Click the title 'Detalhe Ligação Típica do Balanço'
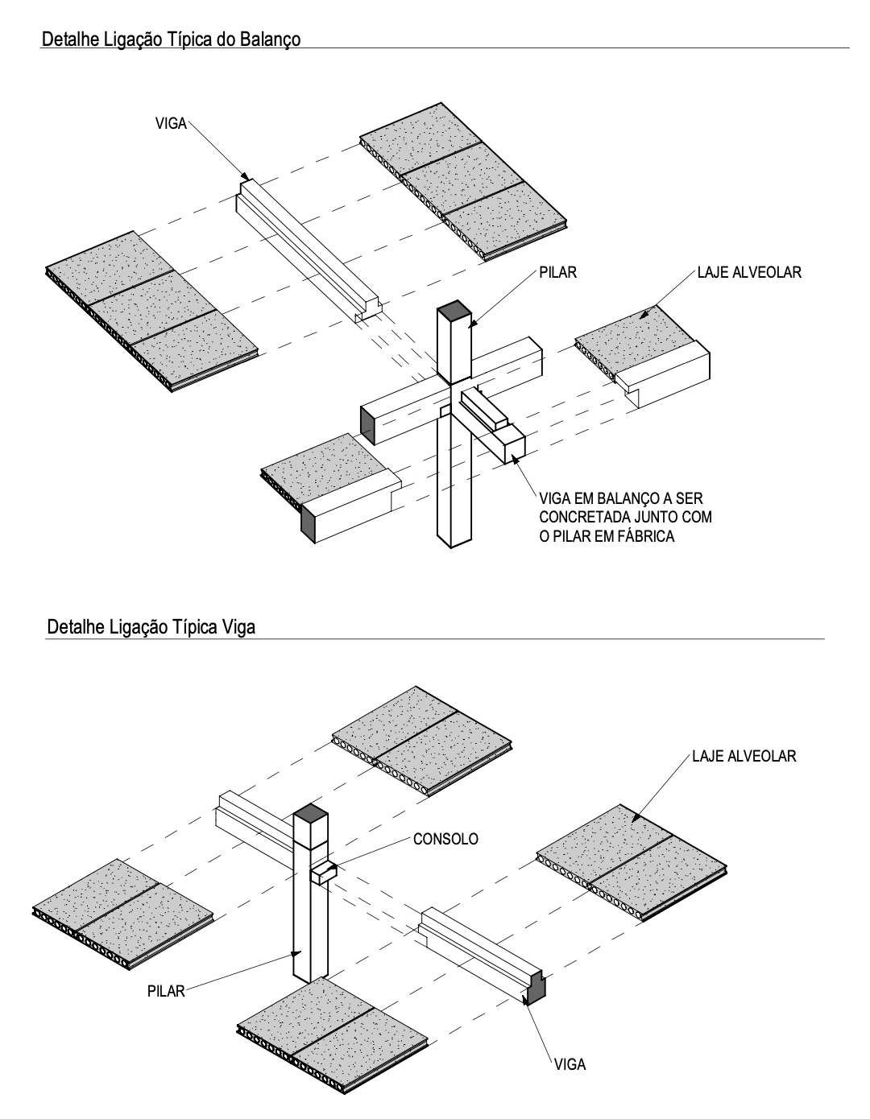[171, 39]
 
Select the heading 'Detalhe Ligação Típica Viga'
[151, 627]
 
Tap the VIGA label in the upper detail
[170, 124]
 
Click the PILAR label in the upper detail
[559, 273]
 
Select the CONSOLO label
[445, 839]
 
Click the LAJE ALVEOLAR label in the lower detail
[744, 756]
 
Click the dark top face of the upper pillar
[454, 309]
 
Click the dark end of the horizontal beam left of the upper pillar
[367, 423]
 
